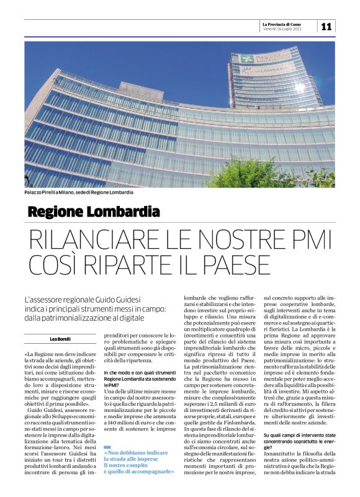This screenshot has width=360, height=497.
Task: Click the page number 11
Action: pyautogui.click(x=327, y=26)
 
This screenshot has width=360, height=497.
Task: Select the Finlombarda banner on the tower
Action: pyautogui.click(x=268, y=71)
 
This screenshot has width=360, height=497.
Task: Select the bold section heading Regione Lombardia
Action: pyautogui.click(x=94, y=212)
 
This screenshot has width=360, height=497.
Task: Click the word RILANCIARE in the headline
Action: pyautogui.click(x=100, y=239)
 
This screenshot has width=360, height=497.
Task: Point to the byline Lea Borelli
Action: pyautogui.click(x=61, y=339)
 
